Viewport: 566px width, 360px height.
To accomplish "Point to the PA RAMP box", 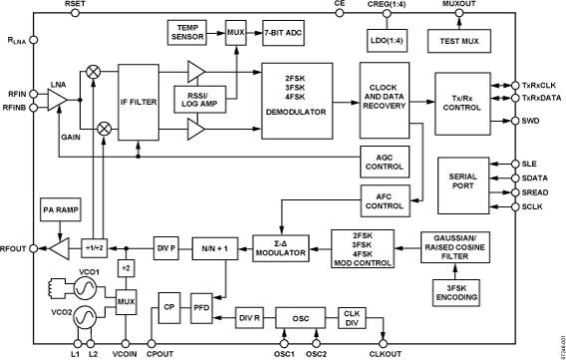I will [x=60, y=209].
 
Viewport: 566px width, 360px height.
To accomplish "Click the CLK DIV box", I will [x=351, y=317].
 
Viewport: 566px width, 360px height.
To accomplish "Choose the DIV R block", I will [x=249, y=317].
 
